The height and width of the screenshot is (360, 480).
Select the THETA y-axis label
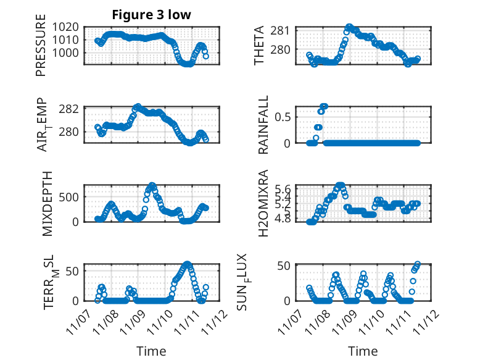click(260, 46)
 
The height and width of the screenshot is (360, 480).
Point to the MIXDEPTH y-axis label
click(49, 203)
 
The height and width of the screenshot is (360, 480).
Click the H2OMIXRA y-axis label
click(263, 203)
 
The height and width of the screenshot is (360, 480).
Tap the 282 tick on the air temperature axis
click(70, 109)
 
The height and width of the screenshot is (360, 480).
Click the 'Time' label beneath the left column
click(151, 351)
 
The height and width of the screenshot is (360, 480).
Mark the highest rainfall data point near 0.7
click(324, 106)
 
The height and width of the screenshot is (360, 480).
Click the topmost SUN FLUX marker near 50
click(418, 264)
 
